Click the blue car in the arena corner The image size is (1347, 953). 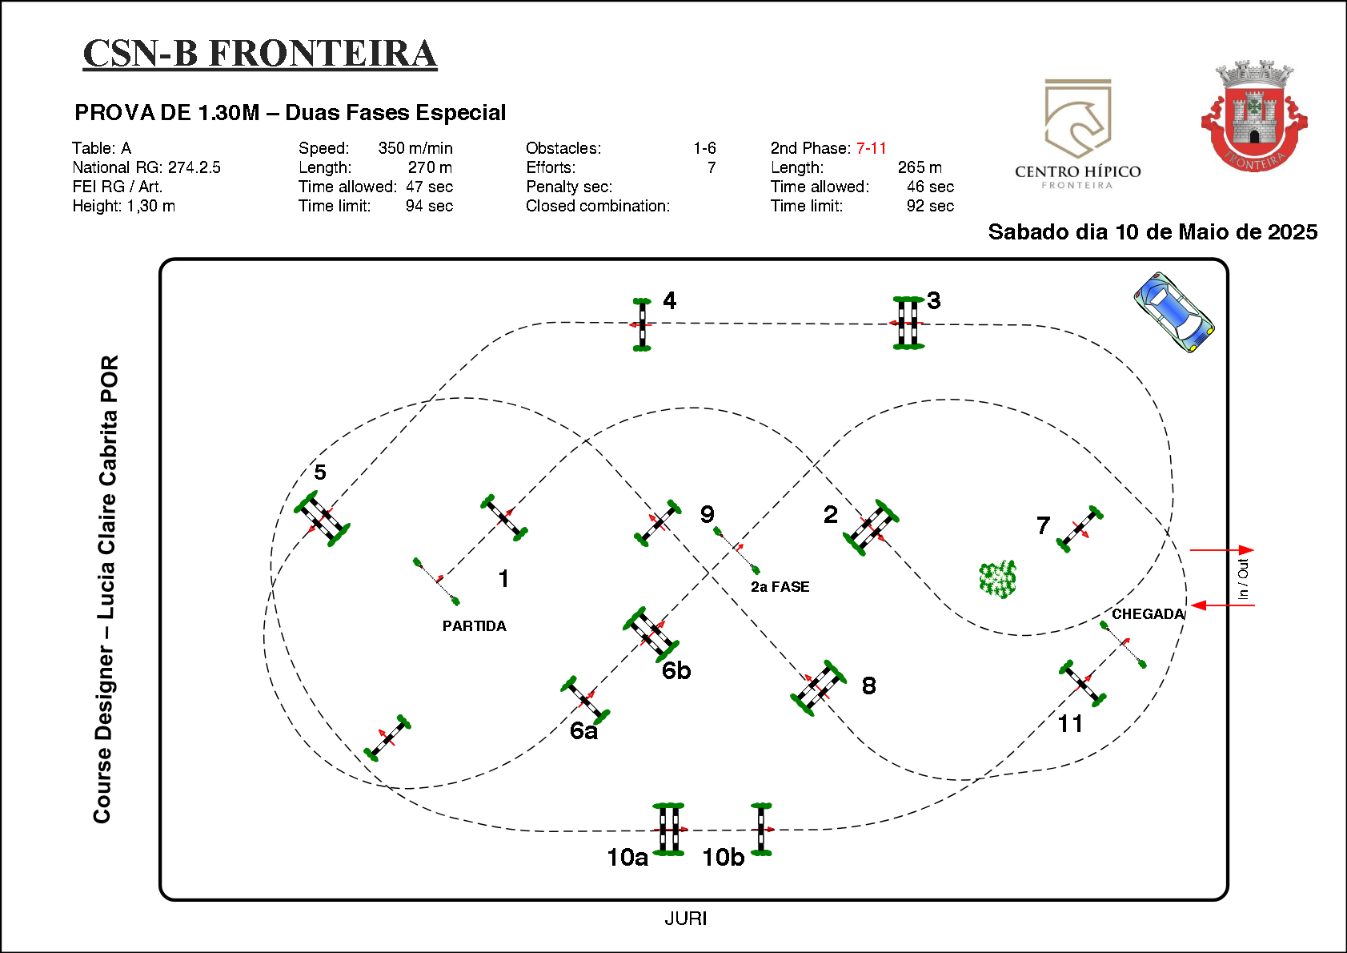coord(1173,312)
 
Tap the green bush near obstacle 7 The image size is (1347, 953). coord(997,578)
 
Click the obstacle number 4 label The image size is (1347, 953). coord(669,300)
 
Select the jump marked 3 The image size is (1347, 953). coord(908,323)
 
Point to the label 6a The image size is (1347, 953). coord(583,730)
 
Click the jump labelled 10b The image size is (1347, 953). coord(761,830)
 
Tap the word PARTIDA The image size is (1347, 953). coord(474,626)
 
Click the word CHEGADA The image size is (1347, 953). coord(1147,614)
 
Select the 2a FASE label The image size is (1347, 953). coord(780,587)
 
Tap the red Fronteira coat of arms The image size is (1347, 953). coord(1253,116)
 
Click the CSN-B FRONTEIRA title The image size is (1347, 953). coord(260,54)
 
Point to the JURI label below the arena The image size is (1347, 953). coord(685,919)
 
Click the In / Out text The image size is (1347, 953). coord(1242,578)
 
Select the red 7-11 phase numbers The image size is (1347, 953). coord(871,148)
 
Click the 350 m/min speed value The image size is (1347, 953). coord(415,148)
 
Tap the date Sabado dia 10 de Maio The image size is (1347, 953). coord(1153,232)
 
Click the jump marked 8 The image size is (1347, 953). coord(819,688)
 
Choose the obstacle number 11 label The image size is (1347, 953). coord(1070,724)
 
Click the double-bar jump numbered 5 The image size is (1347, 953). coord(322,519)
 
